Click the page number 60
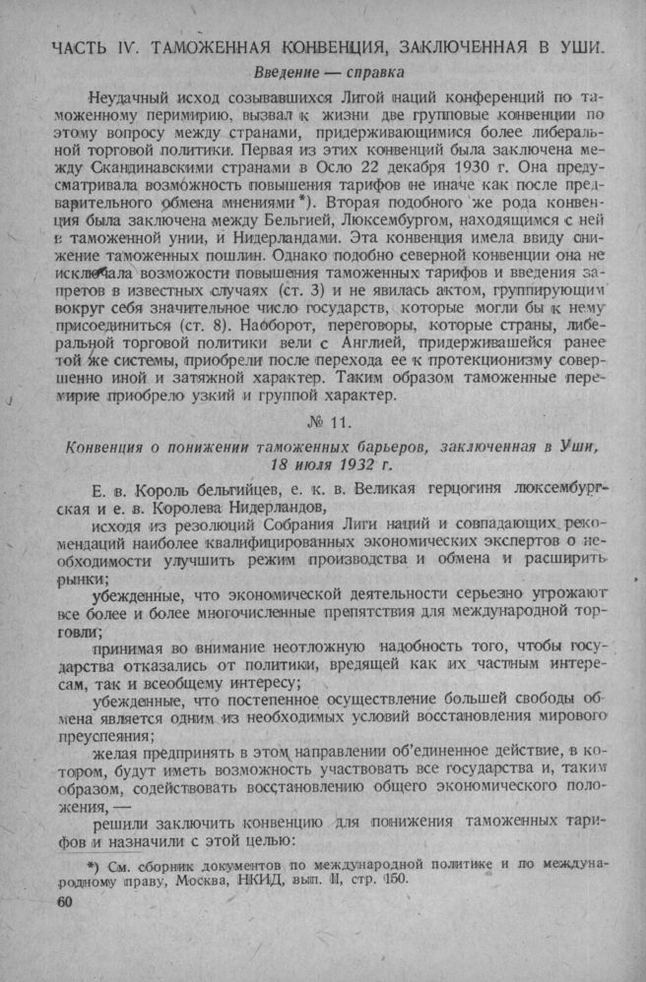point(66,900)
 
